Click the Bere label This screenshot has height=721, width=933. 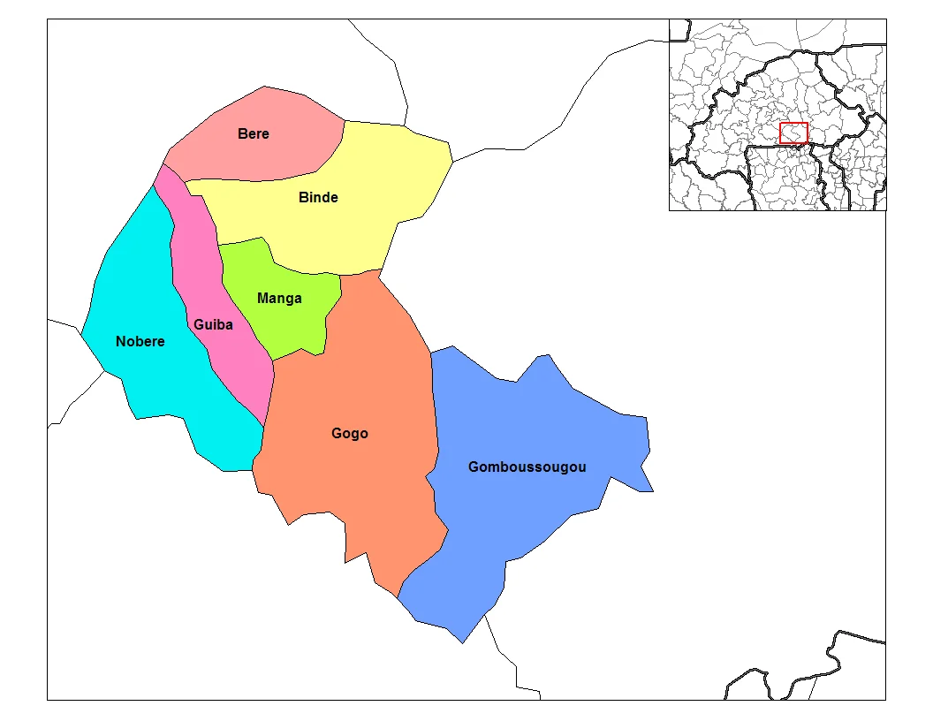254,134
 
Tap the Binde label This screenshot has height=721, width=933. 318,197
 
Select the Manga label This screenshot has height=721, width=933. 279,298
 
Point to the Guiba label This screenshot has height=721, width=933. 213,324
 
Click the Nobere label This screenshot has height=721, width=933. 140,341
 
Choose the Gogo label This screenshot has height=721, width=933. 350,434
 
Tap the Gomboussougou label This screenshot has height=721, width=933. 527,467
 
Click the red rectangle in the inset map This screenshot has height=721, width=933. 793,133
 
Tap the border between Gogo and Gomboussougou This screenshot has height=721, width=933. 435,415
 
